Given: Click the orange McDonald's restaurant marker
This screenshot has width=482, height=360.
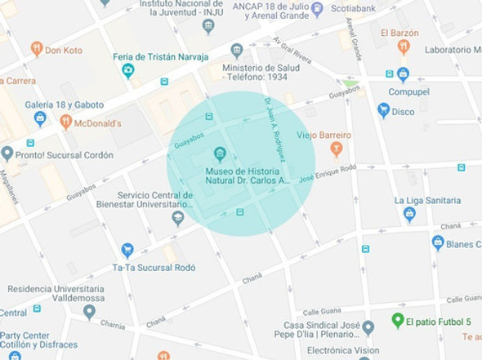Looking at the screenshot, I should coord(66,122).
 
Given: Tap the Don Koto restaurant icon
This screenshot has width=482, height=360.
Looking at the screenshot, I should coord(36,49).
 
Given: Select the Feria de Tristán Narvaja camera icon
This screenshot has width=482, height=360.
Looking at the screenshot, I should coord(128,71).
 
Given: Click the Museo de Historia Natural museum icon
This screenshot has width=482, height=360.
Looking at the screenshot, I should coord(219,153).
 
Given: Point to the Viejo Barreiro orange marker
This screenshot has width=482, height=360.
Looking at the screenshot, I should coord(336,149).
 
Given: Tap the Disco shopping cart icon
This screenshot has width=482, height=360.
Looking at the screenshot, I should coord(383,110).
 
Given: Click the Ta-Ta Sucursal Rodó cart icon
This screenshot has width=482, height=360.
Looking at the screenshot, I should coord(127,250).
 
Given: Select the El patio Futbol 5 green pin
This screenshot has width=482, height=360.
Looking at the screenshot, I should coord(397,320).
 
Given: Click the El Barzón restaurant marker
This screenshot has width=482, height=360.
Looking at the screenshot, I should coord(403,47).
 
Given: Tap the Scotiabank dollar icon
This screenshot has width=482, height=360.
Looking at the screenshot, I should coord(317,9).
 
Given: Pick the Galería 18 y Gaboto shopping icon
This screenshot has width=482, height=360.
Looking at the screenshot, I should coord(39,119).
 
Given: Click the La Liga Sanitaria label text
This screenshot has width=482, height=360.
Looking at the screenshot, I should coord(427,200).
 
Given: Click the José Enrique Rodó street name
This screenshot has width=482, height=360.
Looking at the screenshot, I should coord(328,172).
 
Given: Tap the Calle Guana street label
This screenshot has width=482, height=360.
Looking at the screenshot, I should coord(321,311).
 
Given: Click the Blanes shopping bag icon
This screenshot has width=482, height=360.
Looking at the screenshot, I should coord(438,242).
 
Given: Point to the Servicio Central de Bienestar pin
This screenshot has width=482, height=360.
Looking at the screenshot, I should coord(178,218).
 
